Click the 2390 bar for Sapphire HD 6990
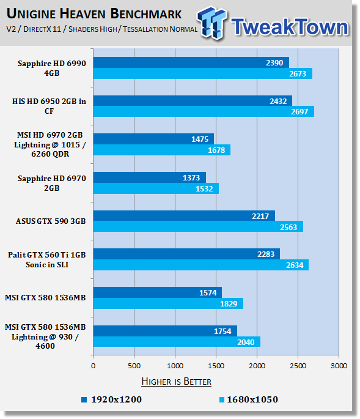pos(191,62)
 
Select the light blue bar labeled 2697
pos(204,111)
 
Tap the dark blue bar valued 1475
pos(154,139)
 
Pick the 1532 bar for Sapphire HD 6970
pos(156,188)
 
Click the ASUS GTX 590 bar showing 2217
pos(184,216)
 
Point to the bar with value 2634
pos(201,265)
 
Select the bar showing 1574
pos(158,292)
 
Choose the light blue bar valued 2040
pos(177,342)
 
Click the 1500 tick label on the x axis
pos(216,366)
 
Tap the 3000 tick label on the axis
pos(339,366)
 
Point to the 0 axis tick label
pos(93,366)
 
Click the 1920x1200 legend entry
pos(112,399)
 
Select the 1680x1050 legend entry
pos(249,399)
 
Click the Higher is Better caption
pos(176,381)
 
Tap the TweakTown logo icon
pos(212,23)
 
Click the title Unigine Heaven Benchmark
pos(94,13)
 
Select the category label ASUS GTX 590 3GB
pos(51,221)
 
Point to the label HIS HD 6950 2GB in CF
pos(49,106)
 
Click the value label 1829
pos(229,304)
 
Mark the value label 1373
pos(191,178)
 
